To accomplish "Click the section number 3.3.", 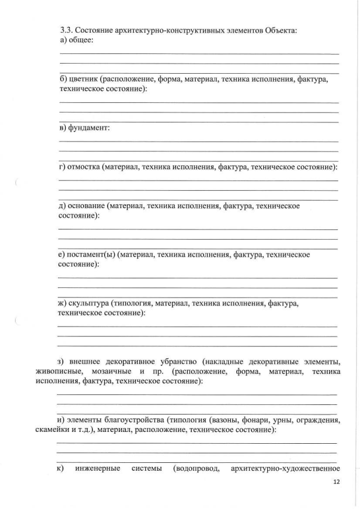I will click(65, 30).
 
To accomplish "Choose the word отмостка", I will click(84, 167).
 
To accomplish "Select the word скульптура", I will click(89, 304).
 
